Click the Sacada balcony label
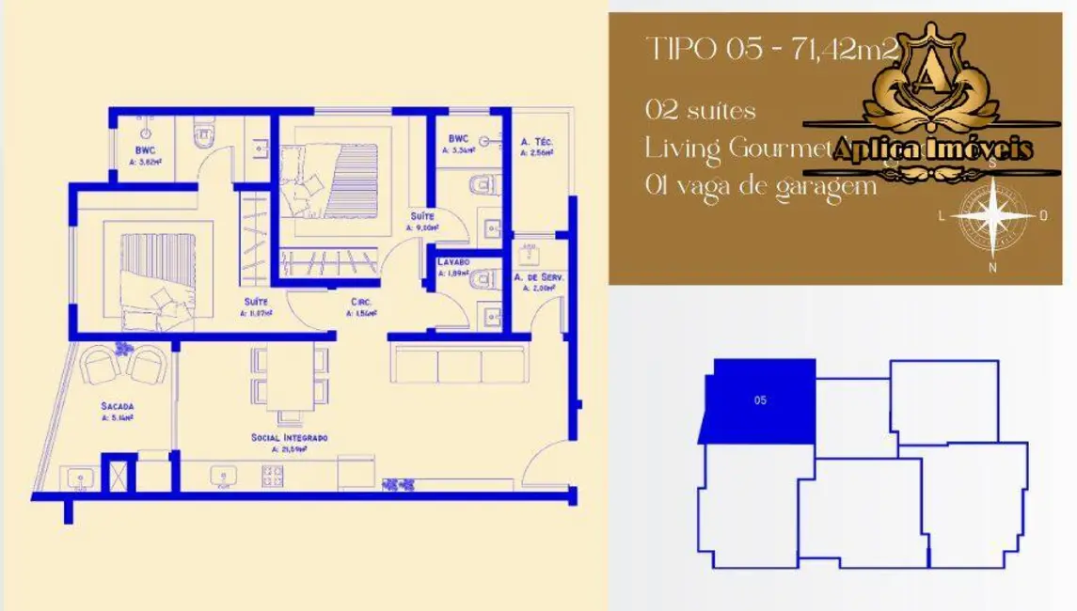coord(119,406)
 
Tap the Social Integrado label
coord(289,438)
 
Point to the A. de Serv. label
coord(539,278)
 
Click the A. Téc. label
coord(537,143)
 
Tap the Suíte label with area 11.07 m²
coord(256,302)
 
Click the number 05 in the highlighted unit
coord(760,400)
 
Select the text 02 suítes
coord(701,111)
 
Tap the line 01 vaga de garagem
coord(760,186)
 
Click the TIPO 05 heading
coord(704,50)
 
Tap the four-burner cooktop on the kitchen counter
coord(273,478)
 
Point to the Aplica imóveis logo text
coord(917,149)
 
